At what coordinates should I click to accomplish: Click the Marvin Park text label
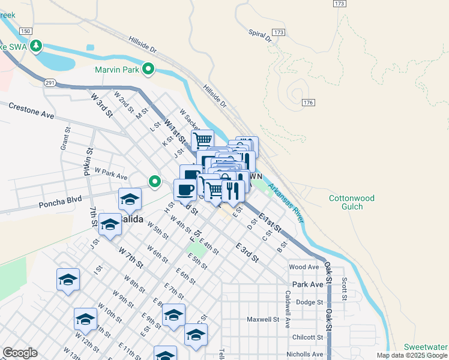click(116, 70)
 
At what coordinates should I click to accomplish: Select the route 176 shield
click(309, 103)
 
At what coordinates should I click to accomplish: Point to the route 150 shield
click(25, 31)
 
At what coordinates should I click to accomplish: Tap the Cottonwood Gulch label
click(351, 203)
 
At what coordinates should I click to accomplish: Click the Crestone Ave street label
click(31, 110)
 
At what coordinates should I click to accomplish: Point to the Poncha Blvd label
click(60, 203)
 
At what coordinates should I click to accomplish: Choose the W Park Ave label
click(110, 174)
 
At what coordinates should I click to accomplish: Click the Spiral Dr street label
click(259, 36)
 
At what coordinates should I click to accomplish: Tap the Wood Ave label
click(304, 267)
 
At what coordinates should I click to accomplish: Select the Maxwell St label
click(264, 320)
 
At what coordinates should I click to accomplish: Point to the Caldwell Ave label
click(288, 309)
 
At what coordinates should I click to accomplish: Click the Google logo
click(20, 353)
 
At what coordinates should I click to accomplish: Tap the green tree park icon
click(37, 45)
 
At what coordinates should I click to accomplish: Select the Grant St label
click(64, 141)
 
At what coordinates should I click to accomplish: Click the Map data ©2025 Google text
click(411, 355)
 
